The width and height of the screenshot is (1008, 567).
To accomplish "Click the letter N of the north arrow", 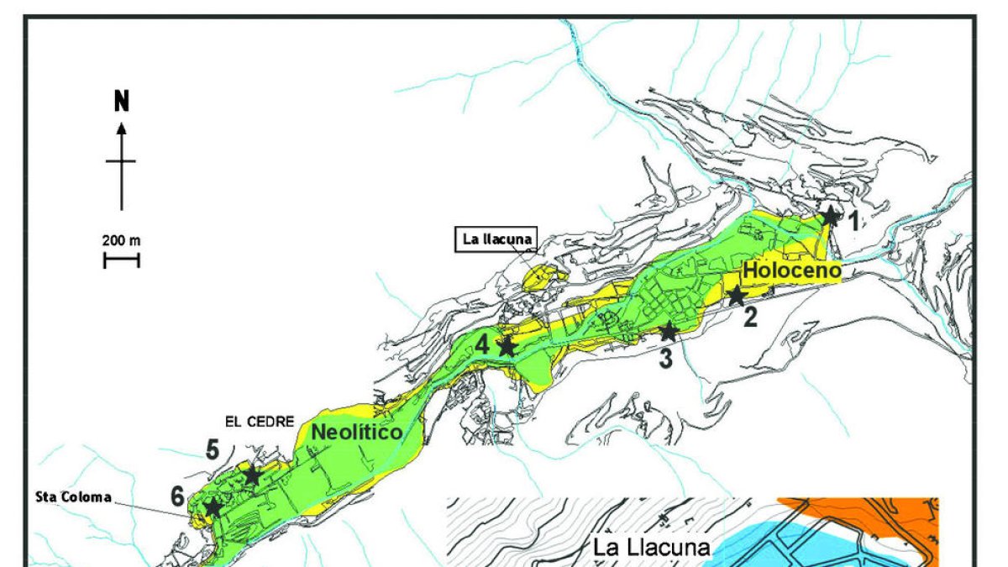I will pyautogui.click(x=122, y=102).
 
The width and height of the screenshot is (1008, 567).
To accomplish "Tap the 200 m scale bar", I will pyautogui.click(x=122, y=260).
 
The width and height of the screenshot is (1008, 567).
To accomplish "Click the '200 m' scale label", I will pyautogui.click(x=122, y=241).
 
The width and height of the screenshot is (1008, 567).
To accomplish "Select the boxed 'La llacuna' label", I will pyautogui.click(x=497, y=239).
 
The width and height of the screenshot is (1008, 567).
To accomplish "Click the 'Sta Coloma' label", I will pyautogui.click(x=75, y=496).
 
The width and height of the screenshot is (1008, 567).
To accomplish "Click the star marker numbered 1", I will pyautogui.click(x=830, y=216).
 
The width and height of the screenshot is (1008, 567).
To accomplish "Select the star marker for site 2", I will pyautogui.click(x=737, y=296).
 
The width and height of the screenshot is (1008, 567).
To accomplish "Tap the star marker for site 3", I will pyautogui.click(x=668, y=332).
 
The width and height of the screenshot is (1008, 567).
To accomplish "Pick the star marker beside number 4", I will pyautogui.click(x=507, y=346).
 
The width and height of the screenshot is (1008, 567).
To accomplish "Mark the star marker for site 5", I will pyautogui.click(x=252, y=475).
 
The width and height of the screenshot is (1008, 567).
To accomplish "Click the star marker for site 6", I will pyautogui.click(x=213, y=507).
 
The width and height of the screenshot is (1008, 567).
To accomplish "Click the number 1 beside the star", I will pyautogui.click(x=852, y=222).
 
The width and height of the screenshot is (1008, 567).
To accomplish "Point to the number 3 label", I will pyautogui.click(x=665, y=359).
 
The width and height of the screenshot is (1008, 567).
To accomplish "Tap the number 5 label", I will pyautogui.click(x=213, y=450).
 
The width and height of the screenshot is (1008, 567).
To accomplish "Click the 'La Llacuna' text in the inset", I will pyautogui.click(x=652, y=549).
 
